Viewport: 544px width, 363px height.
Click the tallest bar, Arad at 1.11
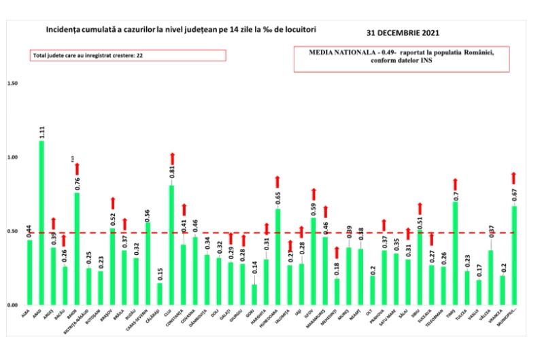coord(41,223)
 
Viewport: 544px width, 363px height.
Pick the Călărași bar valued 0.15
coord(160,294)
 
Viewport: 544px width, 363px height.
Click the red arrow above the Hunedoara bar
coord(277,182)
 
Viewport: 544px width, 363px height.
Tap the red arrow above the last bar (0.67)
coord(514,177)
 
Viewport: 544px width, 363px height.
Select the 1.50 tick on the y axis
coord(12,84)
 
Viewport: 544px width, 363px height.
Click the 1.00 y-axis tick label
coord(12,157)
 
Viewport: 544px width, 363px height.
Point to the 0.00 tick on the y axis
coord(12,305)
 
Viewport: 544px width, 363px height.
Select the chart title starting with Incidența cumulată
coord(180,31)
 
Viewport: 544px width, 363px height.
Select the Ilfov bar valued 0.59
coord(313,261)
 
